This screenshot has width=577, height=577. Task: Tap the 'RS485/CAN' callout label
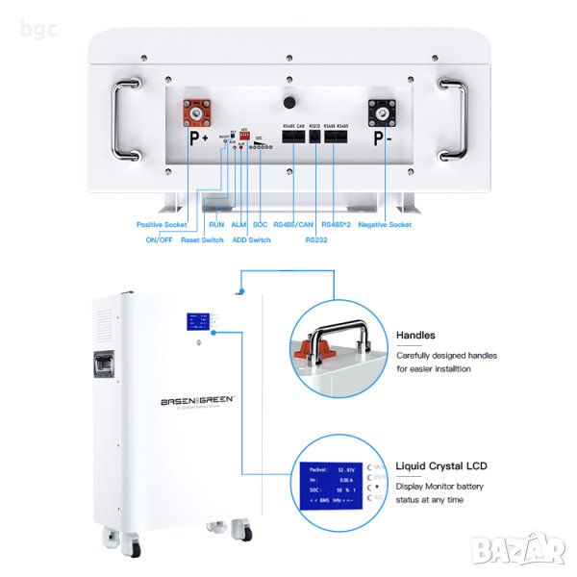pos(294,224)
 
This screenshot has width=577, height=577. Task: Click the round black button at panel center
pos(288,103)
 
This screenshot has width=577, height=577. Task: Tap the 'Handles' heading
pos(415,336)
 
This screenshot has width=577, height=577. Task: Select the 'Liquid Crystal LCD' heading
pos(440,465)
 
